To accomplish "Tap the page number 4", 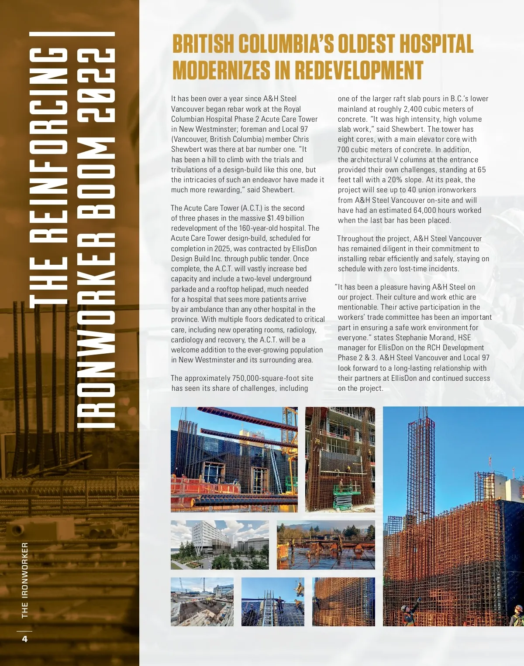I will [24, 639].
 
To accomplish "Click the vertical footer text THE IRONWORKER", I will [24, 580].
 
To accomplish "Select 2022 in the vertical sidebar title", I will [96, 85].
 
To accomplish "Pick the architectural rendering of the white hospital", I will [219, 544].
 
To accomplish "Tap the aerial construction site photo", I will [202, 601].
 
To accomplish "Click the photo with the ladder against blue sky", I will [272, 601].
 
